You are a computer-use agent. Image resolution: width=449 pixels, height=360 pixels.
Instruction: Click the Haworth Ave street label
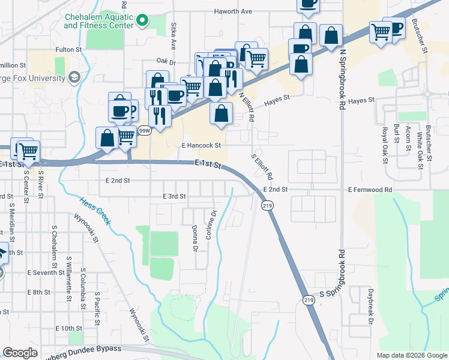[x=234, y=11]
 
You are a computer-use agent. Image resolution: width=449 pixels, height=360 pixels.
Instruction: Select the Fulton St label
[x=68, y=49]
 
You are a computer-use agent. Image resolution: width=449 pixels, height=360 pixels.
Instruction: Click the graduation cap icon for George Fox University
[x=74, y=77]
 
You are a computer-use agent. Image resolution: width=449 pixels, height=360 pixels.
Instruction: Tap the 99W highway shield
[x=144, y=130]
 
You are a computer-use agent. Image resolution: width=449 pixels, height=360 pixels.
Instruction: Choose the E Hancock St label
[x=201, y=145]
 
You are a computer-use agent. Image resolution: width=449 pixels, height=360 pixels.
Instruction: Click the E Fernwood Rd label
[x=370, y=190]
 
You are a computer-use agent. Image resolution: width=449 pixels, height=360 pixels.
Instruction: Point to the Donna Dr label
[x=194, y=239]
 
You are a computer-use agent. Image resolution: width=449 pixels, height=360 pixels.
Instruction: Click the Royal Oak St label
[x=384, y=145]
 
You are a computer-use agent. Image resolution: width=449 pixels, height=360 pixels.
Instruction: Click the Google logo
[x=20, y=353]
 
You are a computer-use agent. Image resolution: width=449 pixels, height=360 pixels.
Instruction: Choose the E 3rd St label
[x=175, y=196]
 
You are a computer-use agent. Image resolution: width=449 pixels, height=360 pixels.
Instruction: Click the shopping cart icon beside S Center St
[x=28, y=152]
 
